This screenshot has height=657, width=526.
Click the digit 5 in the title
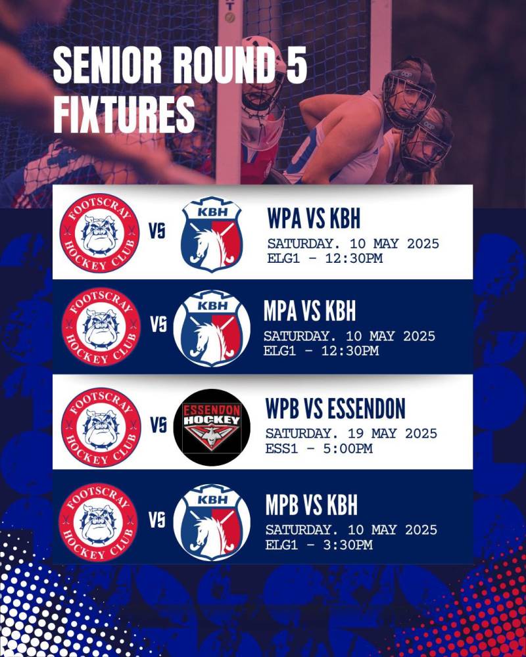coord(296,65)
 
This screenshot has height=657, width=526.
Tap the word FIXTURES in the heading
coord(124,114)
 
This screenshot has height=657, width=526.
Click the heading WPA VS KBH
coord(314,218)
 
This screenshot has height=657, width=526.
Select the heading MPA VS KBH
coord(310,311)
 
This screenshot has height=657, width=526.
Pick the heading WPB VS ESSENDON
coord(335,408)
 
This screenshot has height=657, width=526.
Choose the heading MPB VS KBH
coord(311,505)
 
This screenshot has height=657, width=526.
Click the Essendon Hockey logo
coord(212,428)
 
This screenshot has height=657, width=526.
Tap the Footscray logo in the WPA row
coord(100,233)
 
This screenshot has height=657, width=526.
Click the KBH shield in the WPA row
coord(212,234)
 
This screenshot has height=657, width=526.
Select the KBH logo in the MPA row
coord(212,328)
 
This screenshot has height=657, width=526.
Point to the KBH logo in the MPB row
coord(212,522)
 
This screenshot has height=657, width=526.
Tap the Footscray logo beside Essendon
coord(101,428)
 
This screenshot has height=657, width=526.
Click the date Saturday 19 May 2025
coord(351,433)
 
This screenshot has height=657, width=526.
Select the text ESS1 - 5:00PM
coord(319,448)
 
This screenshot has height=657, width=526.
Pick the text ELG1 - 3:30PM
coord(319,545)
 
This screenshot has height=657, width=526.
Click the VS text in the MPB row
coord(157,520)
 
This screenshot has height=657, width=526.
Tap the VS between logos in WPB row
coord(158,425)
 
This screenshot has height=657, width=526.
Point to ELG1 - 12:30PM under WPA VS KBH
coord(325,258)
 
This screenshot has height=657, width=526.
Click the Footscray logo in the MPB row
coord(98,522)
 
